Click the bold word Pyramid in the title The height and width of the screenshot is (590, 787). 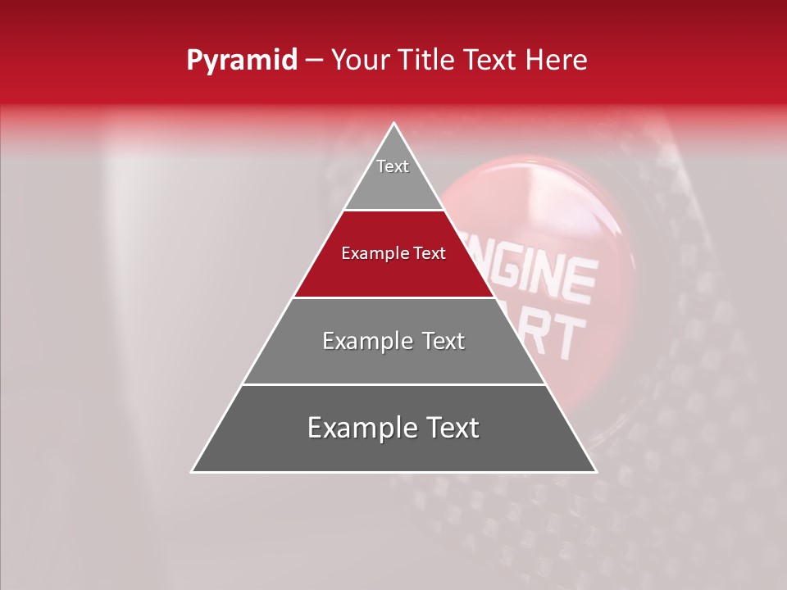click(x=241, y=61)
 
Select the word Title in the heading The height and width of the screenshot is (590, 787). click(x=429, y=61)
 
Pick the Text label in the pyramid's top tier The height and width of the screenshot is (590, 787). click(x=393, y=166)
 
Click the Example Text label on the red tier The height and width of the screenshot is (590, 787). click(x=393, y=253)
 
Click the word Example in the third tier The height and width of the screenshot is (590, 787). click(x=363, y=341)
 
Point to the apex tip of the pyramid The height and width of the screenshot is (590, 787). click(x=394, y=124)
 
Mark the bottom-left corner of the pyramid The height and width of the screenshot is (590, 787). click(x=193, y=471)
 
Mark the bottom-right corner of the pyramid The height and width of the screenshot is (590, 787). click(x=595, y=471)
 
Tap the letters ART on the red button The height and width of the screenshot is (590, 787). click(x=558, y=332)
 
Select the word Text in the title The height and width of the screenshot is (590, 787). click(x=490, y=61)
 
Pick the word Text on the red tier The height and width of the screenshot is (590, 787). click(x=428, y=253)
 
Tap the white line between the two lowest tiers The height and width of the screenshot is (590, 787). click(x=393, y=384)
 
